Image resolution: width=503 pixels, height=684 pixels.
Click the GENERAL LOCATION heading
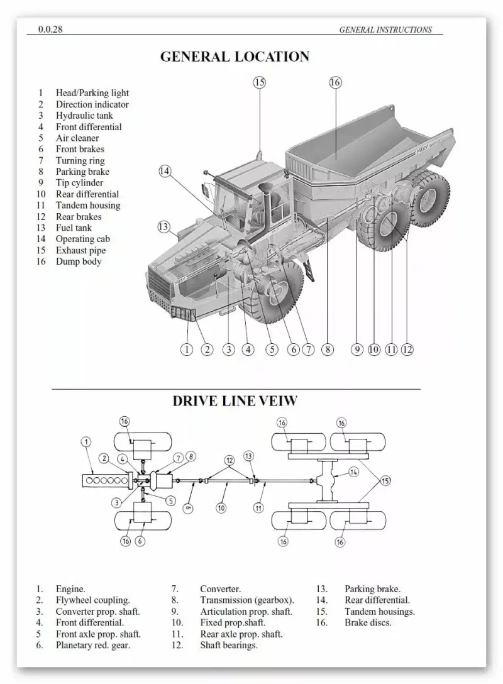[235, 57]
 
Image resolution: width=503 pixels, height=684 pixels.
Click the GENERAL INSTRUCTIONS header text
[385, 29]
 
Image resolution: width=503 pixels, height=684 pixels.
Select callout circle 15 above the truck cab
[259, 82]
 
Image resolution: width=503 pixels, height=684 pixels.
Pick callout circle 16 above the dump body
[335, 82]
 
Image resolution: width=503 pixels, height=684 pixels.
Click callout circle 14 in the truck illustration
[165, 171]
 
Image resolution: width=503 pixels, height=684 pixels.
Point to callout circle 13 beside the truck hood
[163, 226]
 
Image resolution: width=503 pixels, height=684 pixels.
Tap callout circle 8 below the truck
[327, 350]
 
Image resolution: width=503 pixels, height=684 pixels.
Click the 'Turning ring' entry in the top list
[80, 160]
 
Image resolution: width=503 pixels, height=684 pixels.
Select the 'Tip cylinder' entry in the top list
[79, 183]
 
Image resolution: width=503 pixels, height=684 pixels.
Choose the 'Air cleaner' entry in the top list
[77, 138]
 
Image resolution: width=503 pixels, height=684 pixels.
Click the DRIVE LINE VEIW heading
[235, 400]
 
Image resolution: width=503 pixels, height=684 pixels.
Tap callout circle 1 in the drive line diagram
[86, 441]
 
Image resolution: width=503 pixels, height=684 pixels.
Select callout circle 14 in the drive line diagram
[353, 472]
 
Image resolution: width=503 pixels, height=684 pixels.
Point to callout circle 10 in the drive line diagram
[221, 507]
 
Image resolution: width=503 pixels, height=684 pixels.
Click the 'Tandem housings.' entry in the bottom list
[379, 611]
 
